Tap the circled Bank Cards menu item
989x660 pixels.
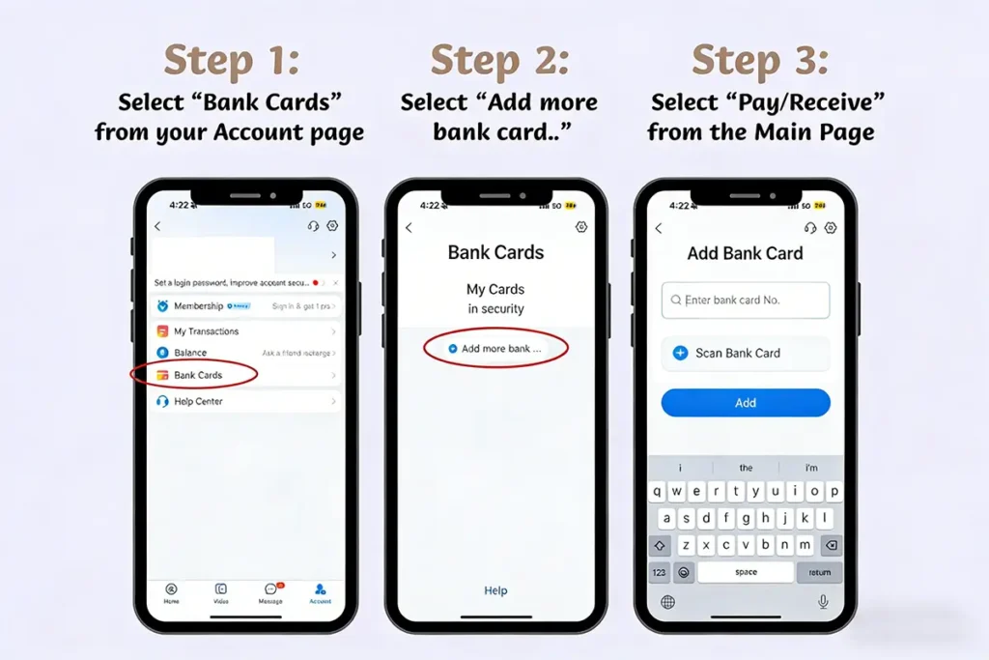pyautogui.click(x=197, y=375)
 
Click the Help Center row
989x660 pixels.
pyautogui.click(x=198, y=401)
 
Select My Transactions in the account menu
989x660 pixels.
pyautogui.click(x=206, y=331)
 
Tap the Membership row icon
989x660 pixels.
pyautogui.click(x=162, y=306)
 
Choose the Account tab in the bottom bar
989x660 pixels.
pyautogui.click(x=320, y=592)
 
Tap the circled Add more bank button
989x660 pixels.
pyautogui.click(x=496, y=348)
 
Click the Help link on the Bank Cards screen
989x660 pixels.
pyautogui.click(x=495, y=590)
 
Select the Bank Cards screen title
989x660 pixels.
pyautogui.click(x=495, y=252)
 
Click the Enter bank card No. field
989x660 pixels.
pyautogui.click(x=745, y=301)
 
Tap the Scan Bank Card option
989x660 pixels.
pyautogui.click(x=737, y=353)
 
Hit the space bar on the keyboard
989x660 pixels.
pyautogui.click(x=746, y=572)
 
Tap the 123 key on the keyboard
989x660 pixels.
pyautogui.click(x=660, y=572)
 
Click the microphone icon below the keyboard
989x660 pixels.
pyautogui.click(x=823, y=601)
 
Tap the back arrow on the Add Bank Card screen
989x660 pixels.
pyautogui.click(x=659, y=228)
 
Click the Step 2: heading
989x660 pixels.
pyautogui.click(x=499, y=61)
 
